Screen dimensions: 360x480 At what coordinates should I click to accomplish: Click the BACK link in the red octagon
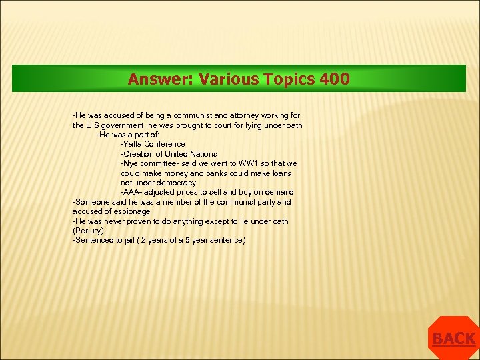pos(453,339)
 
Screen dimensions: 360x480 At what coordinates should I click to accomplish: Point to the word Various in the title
pos(223,79)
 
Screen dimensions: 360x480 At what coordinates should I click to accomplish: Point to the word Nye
pos(130,163)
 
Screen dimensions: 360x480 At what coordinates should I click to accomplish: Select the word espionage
pos(132,211)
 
